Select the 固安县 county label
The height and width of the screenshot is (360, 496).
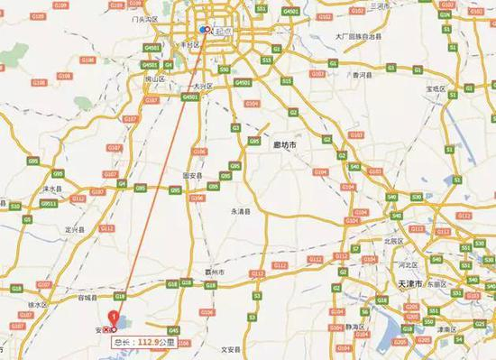pos(193,175)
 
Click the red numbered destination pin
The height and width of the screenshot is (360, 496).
pos(114,318)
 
